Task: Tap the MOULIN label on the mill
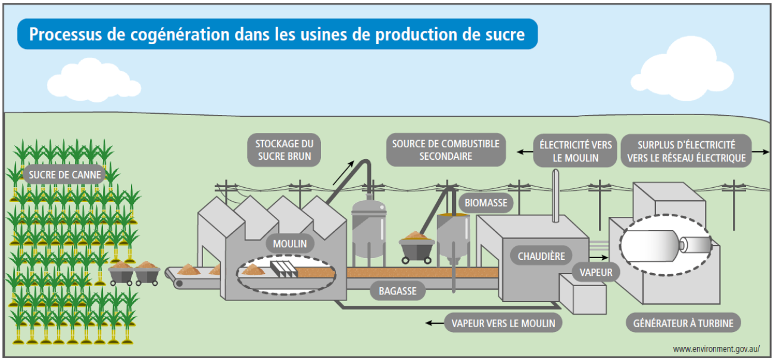point(290,244)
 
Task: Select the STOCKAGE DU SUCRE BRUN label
point(284,150)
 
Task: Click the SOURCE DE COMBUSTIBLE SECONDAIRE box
point(446,150)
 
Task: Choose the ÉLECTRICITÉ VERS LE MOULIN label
point(575,151)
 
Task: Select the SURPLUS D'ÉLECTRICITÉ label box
point(686,151)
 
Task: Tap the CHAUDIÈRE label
point(541,256)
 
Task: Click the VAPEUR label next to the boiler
point(596,272)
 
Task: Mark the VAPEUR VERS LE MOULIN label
point(503,323)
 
